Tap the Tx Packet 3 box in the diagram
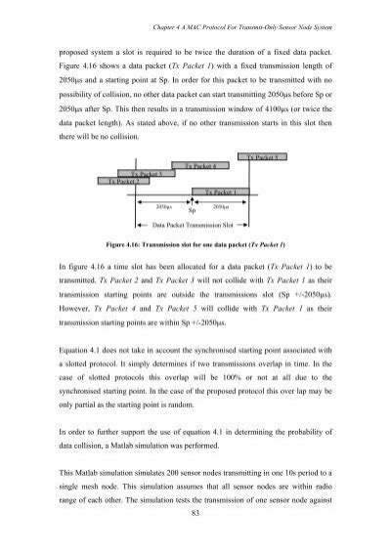coord(148,174)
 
